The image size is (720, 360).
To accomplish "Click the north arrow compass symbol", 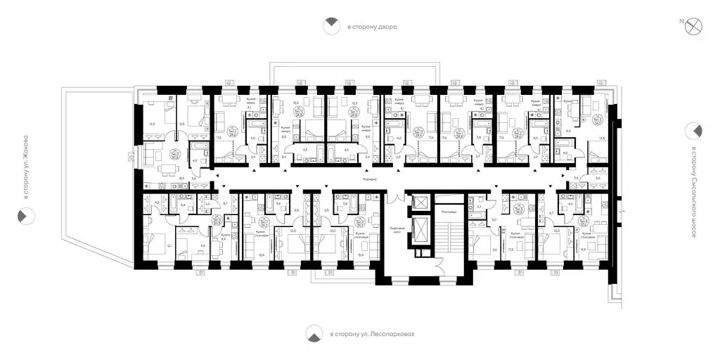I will pos(695,26).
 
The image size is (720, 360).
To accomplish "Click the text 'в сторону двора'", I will pos(372,27).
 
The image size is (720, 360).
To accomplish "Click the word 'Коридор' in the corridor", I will pos(371,180).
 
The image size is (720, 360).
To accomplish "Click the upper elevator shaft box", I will pos(420,202).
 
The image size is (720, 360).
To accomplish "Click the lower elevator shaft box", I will pos(420,231).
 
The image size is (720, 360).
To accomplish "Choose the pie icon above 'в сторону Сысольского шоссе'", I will pos(695,129).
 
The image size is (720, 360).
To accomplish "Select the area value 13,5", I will pos(601,139).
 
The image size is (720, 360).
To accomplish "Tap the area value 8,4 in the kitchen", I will pos(568,131).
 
